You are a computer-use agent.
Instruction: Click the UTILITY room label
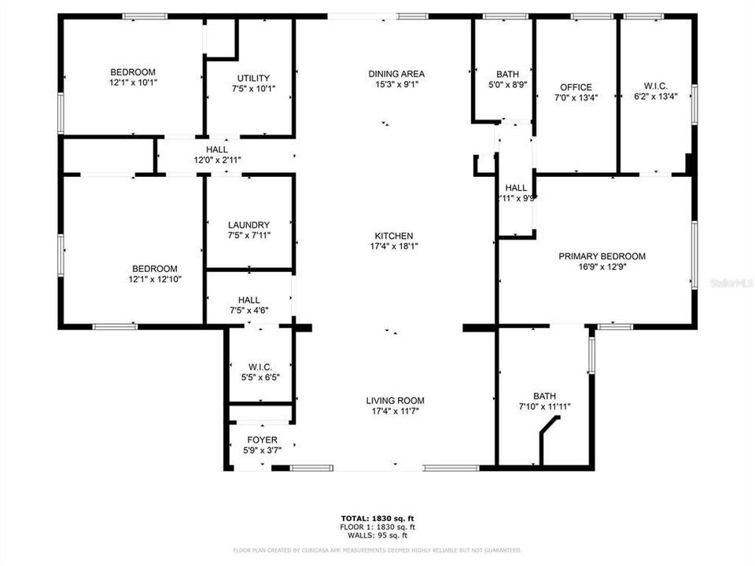(253, 78)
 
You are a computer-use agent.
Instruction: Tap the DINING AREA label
(396, 74)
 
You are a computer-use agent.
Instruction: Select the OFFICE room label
(576, 87)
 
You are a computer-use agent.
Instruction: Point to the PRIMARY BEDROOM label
(602, 256)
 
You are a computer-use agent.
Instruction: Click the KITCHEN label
(394, 236)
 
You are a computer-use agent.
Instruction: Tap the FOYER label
(261, 439)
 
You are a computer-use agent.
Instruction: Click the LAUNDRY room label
(249, 225)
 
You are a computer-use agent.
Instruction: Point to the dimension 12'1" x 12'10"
(155, 279)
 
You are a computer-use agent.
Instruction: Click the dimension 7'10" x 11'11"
(543, 407)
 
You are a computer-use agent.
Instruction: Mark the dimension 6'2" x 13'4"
(655, 97)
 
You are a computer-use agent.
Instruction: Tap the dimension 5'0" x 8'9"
(507, 85)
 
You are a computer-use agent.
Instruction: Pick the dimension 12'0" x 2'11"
(217, 160)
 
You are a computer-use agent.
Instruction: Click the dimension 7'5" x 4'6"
(249, 311)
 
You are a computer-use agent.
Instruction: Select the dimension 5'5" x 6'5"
(260, 377)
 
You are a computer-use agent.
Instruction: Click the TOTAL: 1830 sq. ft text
(377, 519)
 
